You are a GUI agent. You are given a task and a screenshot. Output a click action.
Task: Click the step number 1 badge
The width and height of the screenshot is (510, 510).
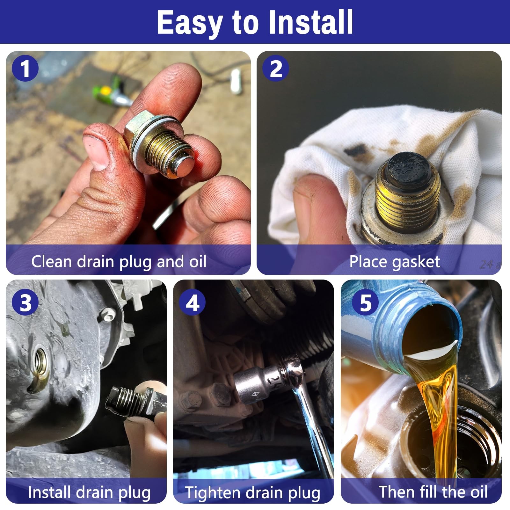point(25,69)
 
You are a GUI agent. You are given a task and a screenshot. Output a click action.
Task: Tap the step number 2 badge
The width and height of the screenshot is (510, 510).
point(276,69)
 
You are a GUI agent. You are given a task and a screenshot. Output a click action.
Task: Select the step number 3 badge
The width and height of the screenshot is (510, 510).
point(25,302)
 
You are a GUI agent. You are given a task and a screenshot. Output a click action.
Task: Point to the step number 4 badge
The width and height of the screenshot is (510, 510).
point(192,302)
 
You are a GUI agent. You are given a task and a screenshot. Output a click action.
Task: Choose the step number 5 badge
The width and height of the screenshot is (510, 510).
point(366,302)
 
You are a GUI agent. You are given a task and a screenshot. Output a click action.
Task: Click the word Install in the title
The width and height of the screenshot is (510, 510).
point(311,22)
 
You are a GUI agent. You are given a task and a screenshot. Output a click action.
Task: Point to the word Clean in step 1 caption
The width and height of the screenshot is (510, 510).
point(51,261)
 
